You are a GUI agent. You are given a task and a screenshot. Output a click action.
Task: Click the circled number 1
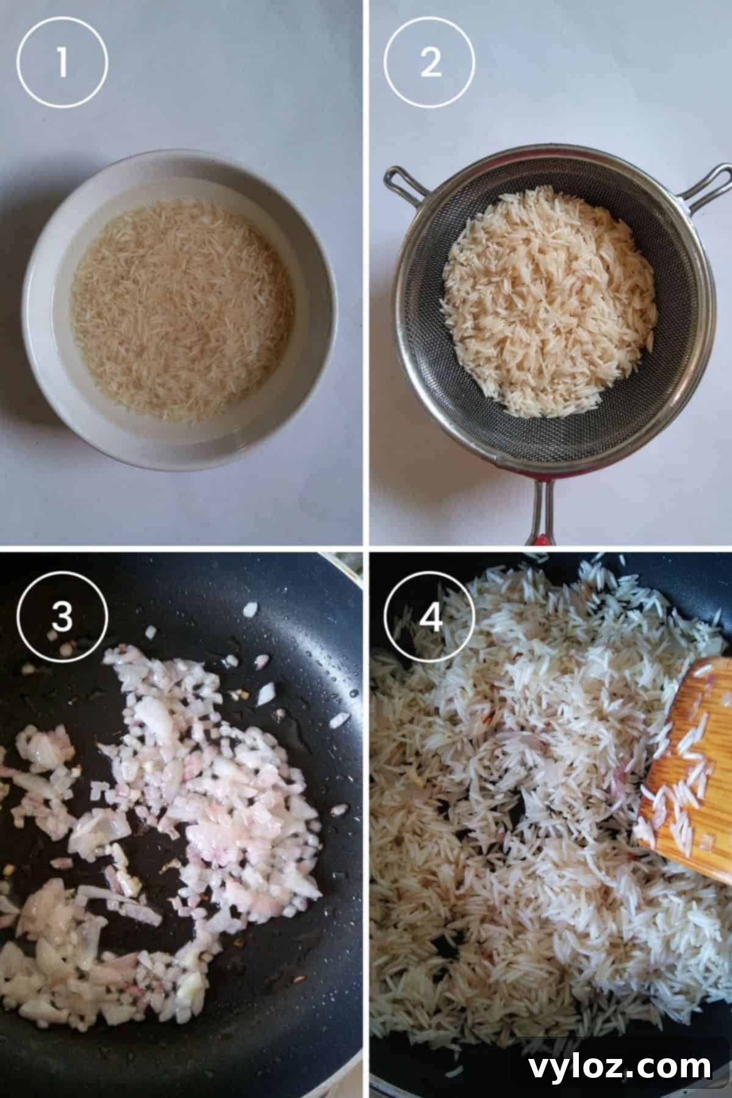(x=62, y=62)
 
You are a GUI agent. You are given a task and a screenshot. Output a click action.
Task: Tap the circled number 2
(x=430, y=62)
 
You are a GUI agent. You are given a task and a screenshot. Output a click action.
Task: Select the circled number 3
(x=62, y=618)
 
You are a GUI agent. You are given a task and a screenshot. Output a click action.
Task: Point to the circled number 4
(x=430, y=618)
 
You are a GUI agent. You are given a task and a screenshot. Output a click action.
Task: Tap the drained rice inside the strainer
(x=549, y=305)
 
